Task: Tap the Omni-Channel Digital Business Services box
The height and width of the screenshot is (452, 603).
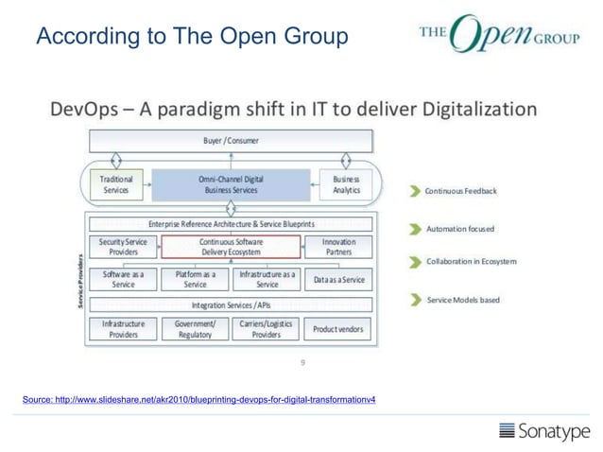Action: point(231,183)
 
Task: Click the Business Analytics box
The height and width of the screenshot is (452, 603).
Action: point(346,183)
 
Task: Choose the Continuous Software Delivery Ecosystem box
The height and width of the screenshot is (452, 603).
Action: point(232,247)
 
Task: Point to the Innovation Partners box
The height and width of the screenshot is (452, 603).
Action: point(338,247)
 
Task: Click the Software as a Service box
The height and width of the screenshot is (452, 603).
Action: point(123,279)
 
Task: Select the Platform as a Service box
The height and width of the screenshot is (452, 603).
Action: point(195,279)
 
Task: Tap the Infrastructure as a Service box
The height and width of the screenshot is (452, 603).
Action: point(267,279)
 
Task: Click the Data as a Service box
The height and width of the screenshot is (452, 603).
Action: point(338,280)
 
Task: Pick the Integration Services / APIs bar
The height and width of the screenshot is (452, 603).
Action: point(231,305)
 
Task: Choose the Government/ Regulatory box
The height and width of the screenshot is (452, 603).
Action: point(195,329)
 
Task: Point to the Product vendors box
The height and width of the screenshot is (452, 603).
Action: point(338,329)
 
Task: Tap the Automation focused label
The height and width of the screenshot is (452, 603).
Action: point(460,229)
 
